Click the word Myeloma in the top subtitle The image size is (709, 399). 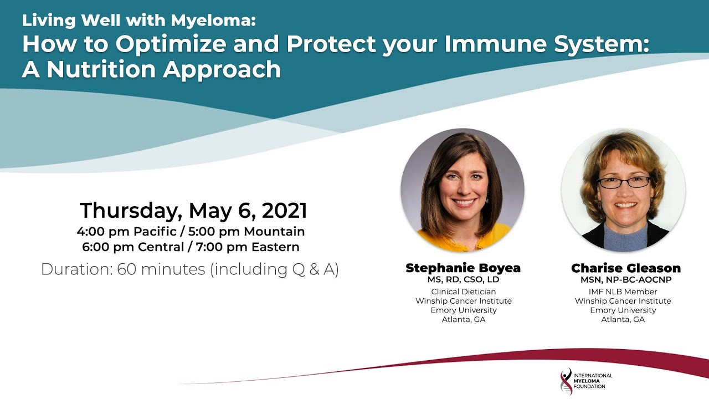click(x=213, y=21)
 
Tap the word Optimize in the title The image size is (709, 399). click(x=171, y=44)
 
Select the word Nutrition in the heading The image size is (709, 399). click(x=101, y=69)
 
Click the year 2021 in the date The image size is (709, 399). click(x=284, y=210)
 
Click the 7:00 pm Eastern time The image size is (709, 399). click(x=248, y=247)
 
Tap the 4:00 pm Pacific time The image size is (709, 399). click(x=127, y=231)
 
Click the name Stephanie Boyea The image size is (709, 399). click(x=463, y=268)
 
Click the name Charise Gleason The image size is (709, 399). click(x=626, y=268)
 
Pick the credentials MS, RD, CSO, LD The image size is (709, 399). click(x=463, y=280)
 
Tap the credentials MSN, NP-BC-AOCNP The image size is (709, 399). click(x=626, y=280)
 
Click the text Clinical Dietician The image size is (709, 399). click(x=464, y=291)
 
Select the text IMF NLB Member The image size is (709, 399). click(x=623, y=291)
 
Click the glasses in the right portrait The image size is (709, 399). click(x=624, y=182)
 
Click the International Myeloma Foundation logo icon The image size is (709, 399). click(x=566, y=381)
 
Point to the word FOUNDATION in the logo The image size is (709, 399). click(x=589, y=386)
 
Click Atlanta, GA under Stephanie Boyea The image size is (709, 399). click(x=464, y=320)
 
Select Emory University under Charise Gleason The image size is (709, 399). click(x=623, y=310)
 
